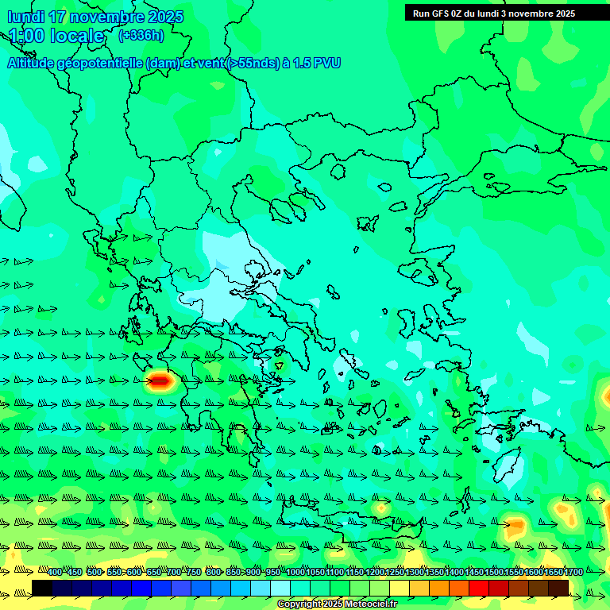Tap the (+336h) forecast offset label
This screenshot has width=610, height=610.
click(141, 35)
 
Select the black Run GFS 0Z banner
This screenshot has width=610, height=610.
click(505, 13)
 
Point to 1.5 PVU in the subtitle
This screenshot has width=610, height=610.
click(317, 63)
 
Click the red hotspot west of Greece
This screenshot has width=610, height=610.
click(161, 381)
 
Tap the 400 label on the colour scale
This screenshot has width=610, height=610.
click(55, 572)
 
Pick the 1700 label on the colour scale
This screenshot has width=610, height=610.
click(573, 572)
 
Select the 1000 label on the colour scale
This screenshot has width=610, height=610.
click(295, 572)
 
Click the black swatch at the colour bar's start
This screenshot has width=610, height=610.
click(42, 588)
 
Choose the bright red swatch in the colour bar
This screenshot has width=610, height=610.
click(479, 588)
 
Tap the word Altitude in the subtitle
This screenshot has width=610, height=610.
click(33, 63)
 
